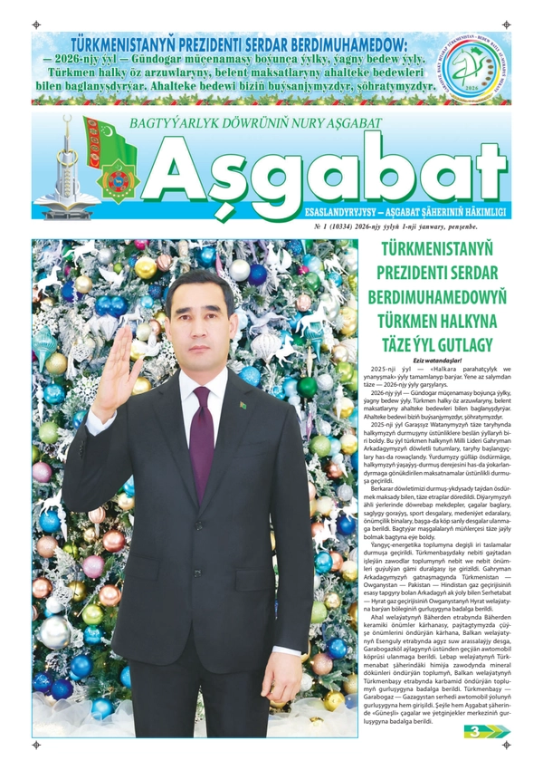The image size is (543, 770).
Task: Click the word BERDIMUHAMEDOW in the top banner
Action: pos(342,43)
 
